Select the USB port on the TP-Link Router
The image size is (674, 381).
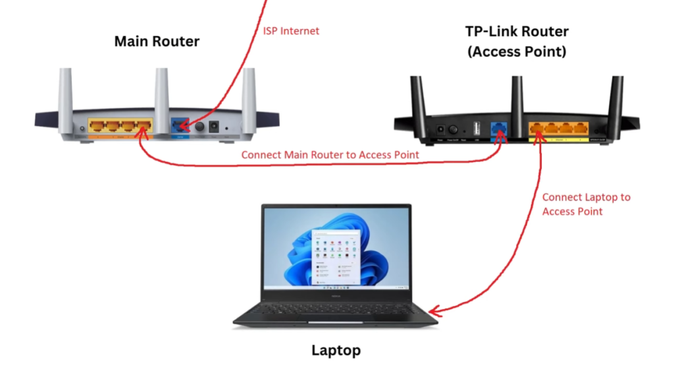pyautogui.click(x=477, y=127)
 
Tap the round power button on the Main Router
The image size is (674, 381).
pyautogui.click(x=197, y=125)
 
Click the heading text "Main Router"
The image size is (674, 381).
pyautogui.click(x=157, y=42)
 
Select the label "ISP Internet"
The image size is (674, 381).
pyautogui.click(x=292, y=31)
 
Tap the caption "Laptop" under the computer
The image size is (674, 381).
pyautogui.click(x=336, y=350)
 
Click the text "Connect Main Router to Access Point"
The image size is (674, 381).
pyautogui.click(x=330, y=155)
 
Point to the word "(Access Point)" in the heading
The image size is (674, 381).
pyautogui.click(x=517, y=51)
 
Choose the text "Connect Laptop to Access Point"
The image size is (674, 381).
pyautogui.click(x=586, y=204)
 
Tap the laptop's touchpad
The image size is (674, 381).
pyautogui.click(x=336, y=322)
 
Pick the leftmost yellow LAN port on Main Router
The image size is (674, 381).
pyautogui.click(x=97, y=125)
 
